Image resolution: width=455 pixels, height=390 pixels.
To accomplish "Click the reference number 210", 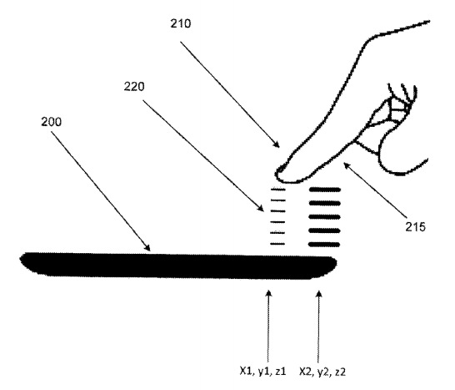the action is [x=181, y=23].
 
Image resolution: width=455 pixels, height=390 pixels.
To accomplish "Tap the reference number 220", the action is [x=134, y=86].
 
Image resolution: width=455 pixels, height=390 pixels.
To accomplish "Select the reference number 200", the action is [x=52, y=122].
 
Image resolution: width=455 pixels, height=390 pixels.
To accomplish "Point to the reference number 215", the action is [x=415, y=227].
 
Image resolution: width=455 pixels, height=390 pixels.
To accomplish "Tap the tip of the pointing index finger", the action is [x=276, y=175].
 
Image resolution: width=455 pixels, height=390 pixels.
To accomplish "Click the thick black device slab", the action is [x=178, y=266].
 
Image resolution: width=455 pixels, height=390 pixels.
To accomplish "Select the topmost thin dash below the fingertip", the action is [x=278, y=190].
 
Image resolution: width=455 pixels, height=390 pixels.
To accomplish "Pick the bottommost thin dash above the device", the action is [x=278, y=244].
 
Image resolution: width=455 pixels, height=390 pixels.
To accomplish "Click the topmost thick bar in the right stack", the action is [x=325, y=190].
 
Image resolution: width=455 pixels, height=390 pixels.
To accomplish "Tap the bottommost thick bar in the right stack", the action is [x=324, y=245].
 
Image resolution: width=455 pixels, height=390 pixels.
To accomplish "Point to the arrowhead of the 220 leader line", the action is [x=261, y=208].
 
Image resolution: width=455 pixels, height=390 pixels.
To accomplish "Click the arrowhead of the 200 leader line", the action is [x=148, y=248].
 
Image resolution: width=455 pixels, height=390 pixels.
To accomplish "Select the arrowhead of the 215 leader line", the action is [x=347, y=165].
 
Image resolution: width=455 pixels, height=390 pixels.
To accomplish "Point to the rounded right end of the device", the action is [x=335, y=264].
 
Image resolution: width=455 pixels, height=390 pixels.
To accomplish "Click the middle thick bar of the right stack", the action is [x=324, y=217].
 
